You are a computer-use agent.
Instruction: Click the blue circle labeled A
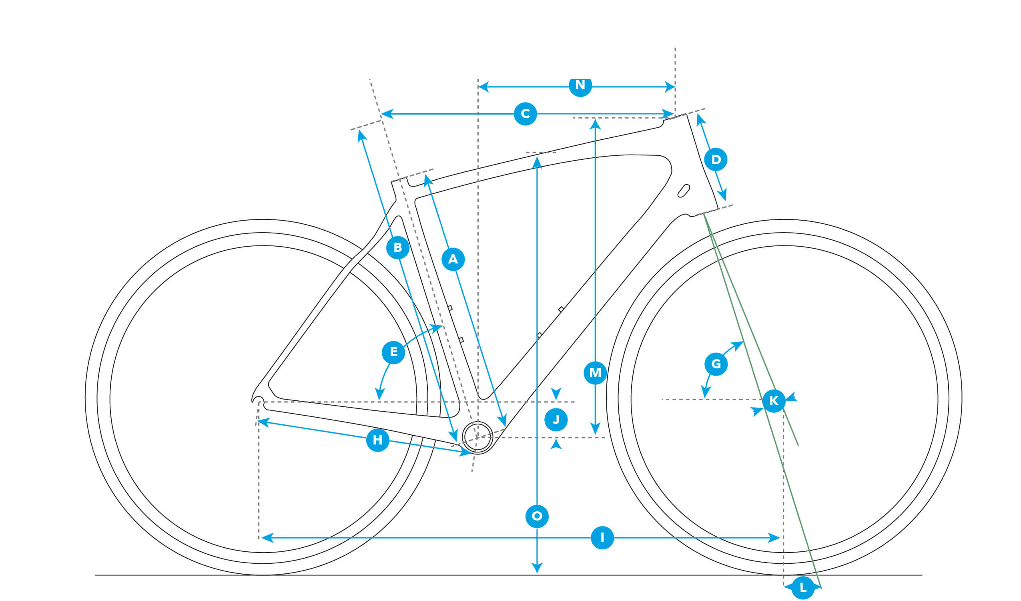click(x=453, y=259)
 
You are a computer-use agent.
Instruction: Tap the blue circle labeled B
click(x=397, y=247)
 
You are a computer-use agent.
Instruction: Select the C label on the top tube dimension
click(x=525, y=113)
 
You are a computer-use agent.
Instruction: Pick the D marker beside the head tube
click(x=716, y=159)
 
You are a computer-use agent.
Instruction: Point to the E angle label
click(x=393, y=352)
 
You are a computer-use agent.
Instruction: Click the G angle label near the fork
click(x=716, y=364)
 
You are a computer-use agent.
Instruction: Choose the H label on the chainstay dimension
click(x=377, y=440)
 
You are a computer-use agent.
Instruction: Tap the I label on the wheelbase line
click(x=602, y=537)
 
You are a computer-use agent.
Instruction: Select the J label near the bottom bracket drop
click(x=556, y=420)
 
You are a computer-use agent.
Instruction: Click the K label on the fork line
click(x=774, y=401)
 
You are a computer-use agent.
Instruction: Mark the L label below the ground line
click(x=803, y=588)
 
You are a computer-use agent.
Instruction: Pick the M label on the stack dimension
click(x=595, y=372)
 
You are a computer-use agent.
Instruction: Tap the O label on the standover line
click(x=537, y=516)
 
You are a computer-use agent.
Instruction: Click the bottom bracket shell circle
click(x=478, y=437)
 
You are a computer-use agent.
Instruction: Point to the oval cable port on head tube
click(x=684, y=191)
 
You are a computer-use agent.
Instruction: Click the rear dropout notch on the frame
click(x=258, y=402)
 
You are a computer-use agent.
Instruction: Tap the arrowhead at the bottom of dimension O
click(x=537, y=568)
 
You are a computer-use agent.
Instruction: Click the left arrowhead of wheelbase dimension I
click(x=267, y=538)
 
